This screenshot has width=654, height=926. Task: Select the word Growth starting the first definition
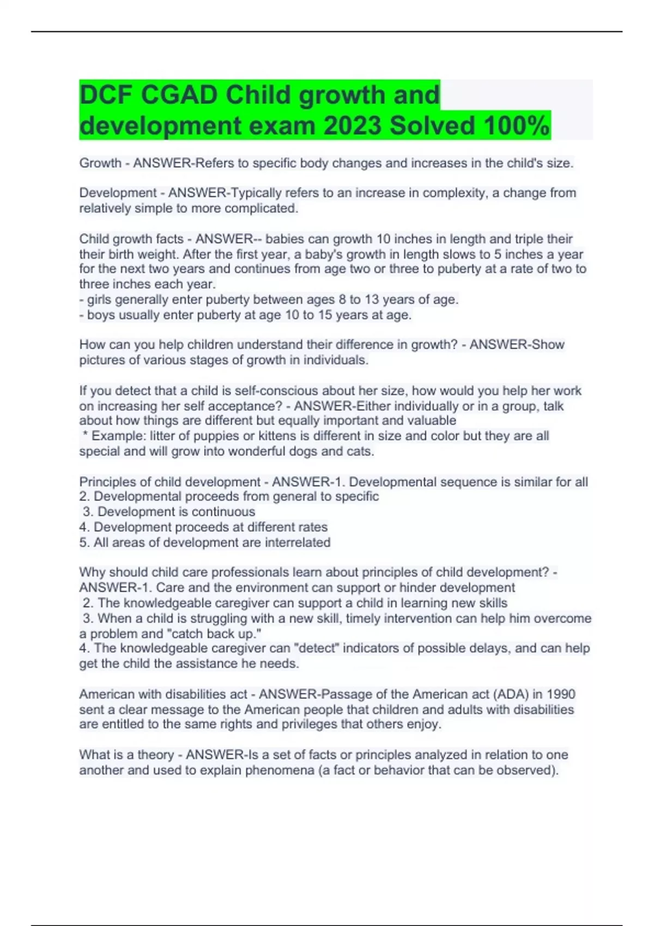[x=100, y=163]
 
